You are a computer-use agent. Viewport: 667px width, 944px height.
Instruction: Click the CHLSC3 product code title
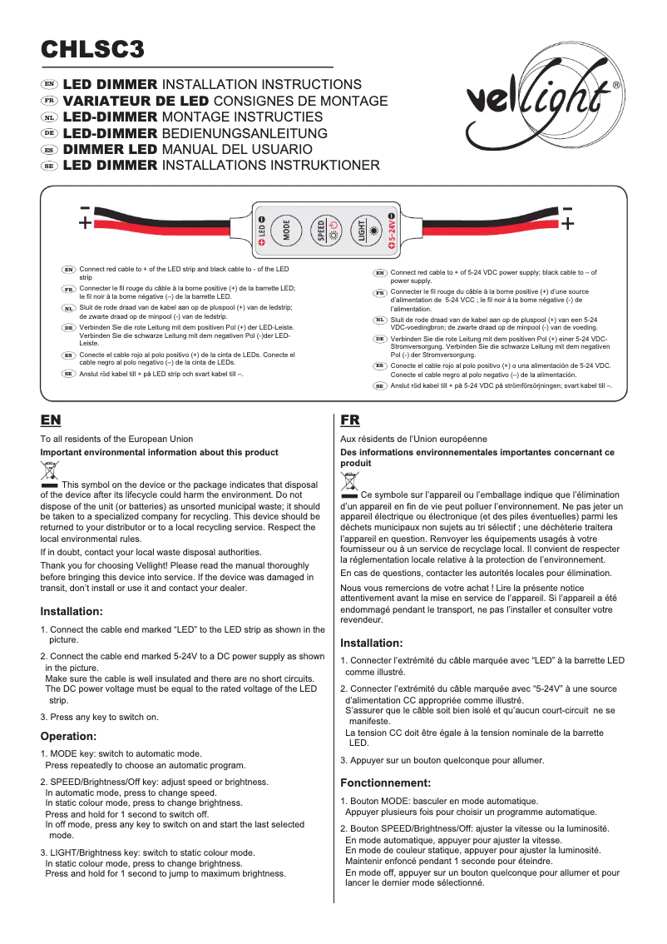tap(94, 49)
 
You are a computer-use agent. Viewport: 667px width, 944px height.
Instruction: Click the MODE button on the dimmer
tap(287, 229)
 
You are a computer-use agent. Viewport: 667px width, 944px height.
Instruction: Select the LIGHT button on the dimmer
tap(363, 229)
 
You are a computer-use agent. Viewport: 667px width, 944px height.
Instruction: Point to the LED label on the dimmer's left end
tap(261, 231)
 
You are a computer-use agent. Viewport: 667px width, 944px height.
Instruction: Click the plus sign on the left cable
tap(85, 224)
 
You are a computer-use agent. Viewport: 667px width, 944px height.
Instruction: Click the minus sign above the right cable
tap(567, 208)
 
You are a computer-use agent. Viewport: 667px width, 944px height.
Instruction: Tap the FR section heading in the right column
tap(350, 420)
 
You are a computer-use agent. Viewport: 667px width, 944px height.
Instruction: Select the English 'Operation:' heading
tap(69, 736)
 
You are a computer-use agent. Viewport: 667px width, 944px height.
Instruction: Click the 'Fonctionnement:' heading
tap(386, 783)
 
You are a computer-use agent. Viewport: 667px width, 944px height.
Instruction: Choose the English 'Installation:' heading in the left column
tap(72, 612)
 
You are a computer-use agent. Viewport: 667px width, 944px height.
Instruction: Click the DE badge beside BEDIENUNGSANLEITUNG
tap(49, 133)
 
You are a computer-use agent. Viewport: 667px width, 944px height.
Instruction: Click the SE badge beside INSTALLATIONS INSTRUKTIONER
tap(49, 166)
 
